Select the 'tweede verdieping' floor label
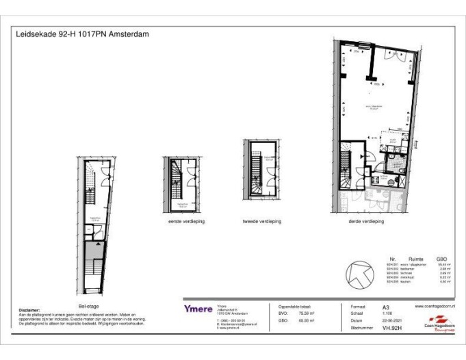tap(261, 222)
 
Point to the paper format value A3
tap(387, 308)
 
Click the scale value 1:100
tap(387, 314)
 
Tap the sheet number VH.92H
tap(391, 327)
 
